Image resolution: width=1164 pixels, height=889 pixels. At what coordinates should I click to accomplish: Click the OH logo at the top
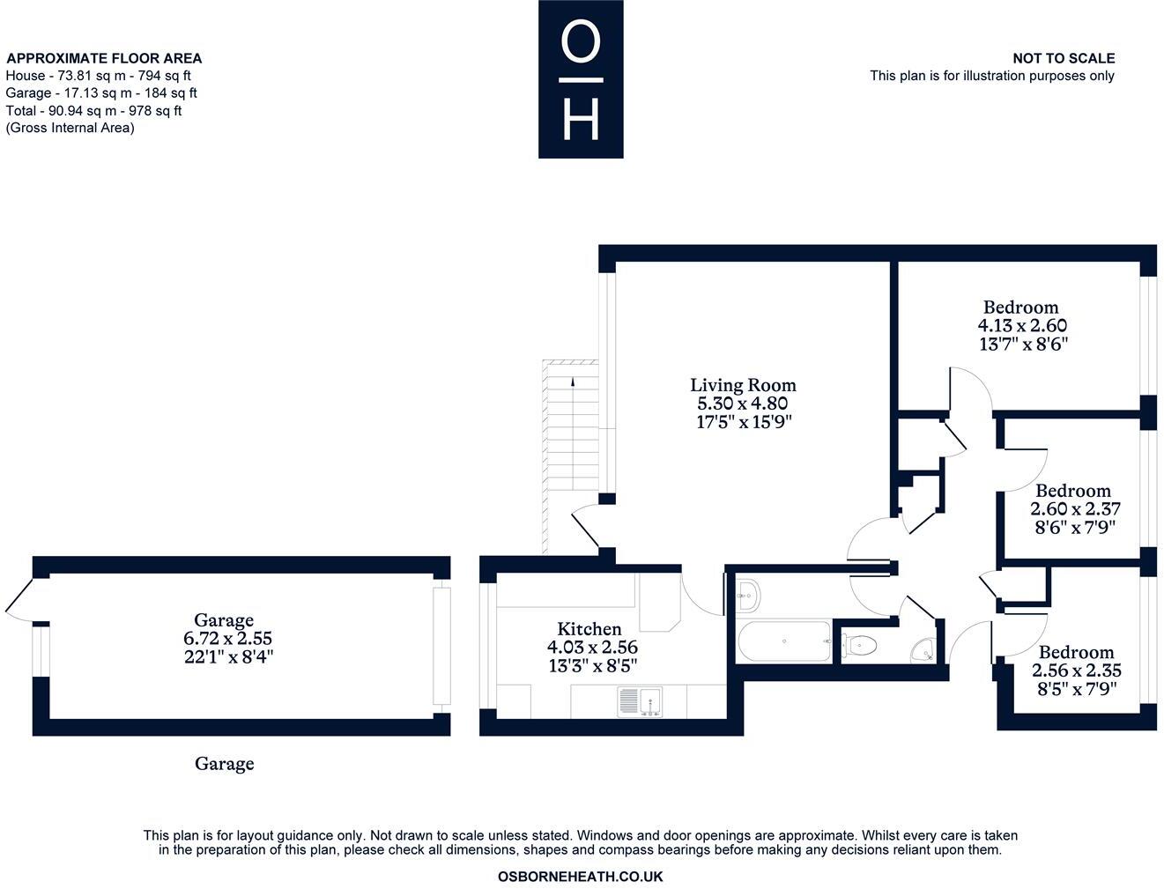[581, 79]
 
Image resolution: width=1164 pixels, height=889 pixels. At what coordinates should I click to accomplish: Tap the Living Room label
[743, 385]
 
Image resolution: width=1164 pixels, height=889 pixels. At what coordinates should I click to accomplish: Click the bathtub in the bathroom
[783, 641]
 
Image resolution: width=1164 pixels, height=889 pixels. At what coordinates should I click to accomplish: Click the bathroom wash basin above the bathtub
[749, 595]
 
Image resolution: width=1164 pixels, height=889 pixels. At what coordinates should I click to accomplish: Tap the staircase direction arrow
[573, 382]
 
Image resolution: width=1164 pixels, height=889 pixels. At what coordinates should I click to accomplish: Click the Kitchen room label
[589, 629]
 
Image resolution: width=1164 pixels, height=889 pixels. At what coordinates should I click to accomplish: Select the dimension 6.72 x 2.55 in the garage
[223, 639]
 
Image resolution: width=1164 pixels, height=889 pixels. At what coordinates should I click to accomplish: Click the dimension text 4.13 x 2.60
[1021, 326]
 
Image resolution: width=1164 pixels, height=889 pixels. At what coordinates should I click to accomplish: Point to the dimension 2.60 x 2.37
[1074, 509]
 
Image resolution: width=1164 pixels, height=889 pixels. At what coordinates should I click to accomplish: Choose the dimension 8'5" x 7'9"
[1076, 689]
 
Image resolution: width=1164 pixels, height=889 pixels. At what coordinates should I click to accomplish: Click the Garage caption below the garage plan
[224, 764]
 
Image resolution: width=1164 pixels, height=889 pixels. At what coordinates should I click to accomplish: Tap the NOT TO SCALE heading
[1063, 58]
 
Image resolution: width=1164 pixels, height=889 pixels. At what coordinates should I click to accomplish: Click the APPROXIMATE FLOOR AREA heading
[104, 58]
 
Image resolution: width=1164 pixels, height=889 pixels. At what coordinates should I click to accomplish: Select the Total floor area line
[93, 111]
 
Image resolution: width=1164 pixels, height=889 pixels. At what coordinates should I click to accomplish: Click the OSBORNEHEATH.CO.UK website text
[580, 877]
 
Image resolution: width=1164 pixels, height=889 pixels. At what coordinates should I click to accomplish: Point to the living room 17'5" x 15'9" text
[744, 422]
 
